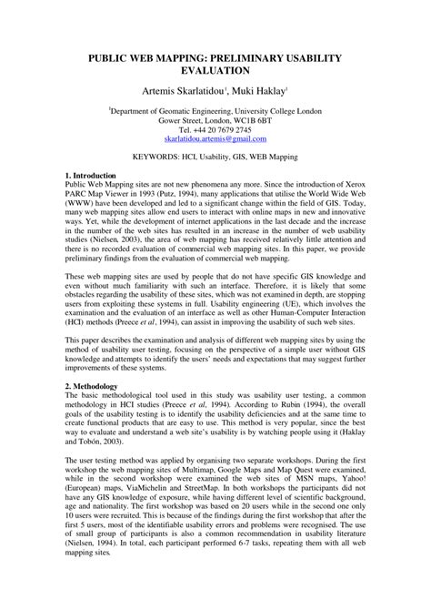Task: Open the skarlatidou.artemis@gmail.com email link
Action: pyautogui.click(x=215, y=140)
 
